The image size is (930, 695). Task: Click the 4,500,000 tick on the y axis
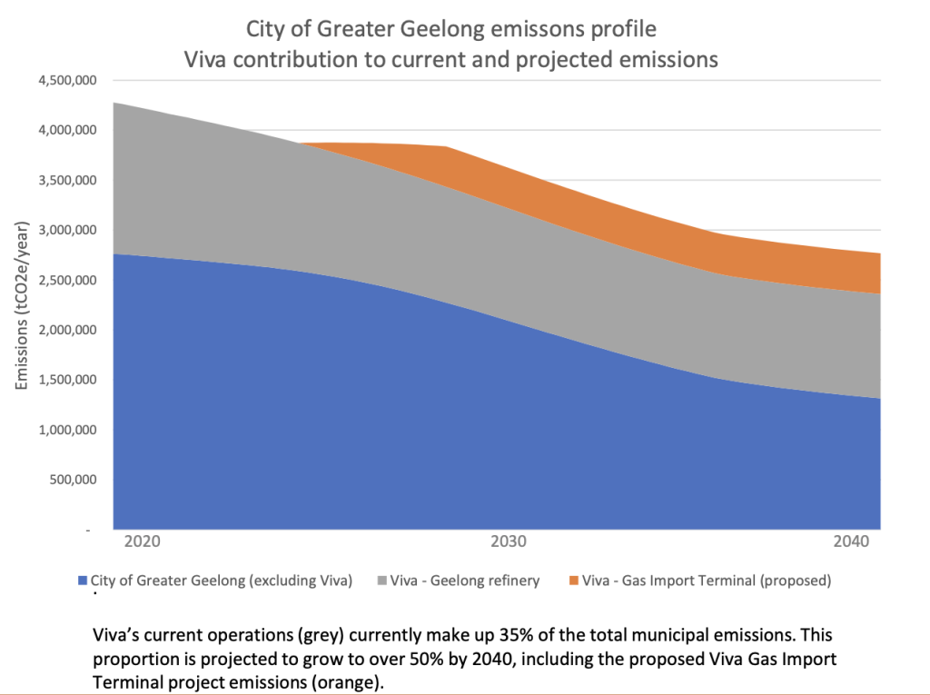[x=67, y=81]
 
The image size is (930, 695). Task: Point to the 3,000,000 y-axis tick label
[x=67, y=231]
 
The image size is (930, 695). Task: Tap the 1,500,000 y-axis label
[x=67, y=380]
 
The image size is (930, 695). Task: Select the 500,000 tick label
[x=74, y=480]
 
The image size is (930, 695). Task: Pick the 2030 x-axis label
[x=509, y=543]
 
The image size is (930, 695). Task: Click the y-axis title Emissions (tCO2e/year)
[x=22, y=305]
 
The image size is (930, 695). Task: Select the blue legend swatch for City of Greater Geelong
[x=84, y=580]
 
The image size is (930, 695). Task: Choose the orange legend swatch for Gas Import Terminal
[x=574, y=580]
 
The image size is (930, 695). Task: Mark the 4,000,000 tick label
[x=67, y=131]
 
